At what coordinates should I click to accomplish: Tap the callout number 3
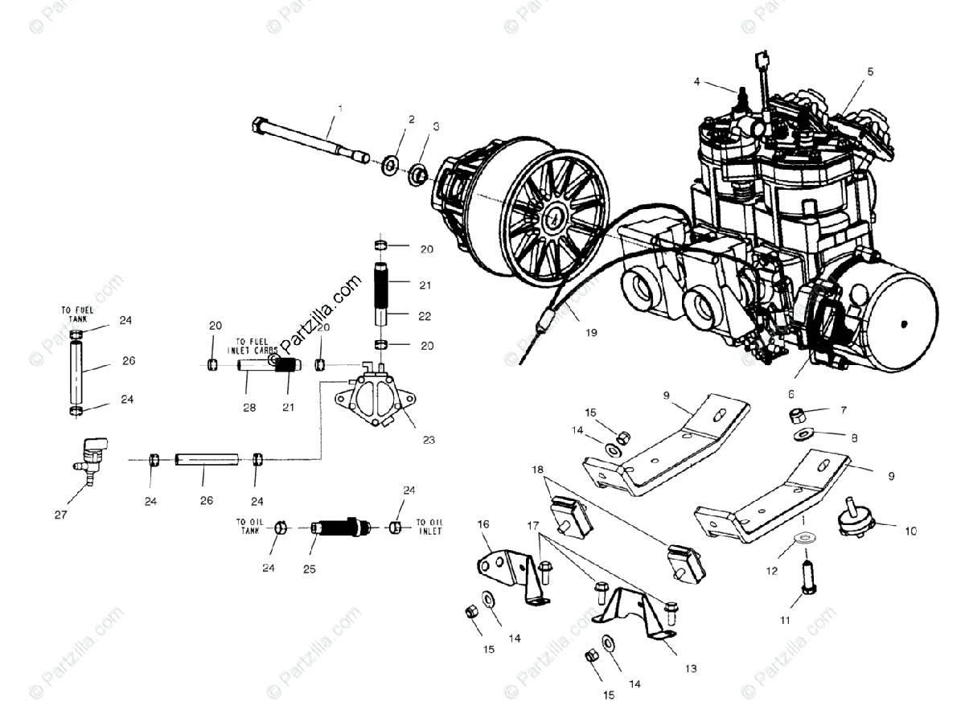436,126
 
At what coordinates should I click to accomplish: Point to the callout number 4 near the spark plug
697,81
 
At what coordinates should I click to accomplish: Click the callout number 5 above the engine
869,72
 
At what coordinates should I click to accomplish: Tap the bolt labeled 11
807,577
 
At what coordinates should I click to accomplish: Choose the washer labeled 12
805,540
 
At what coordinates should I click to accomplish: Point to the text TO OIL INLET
428,527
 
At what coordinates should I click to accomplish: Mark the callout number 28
249,408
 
